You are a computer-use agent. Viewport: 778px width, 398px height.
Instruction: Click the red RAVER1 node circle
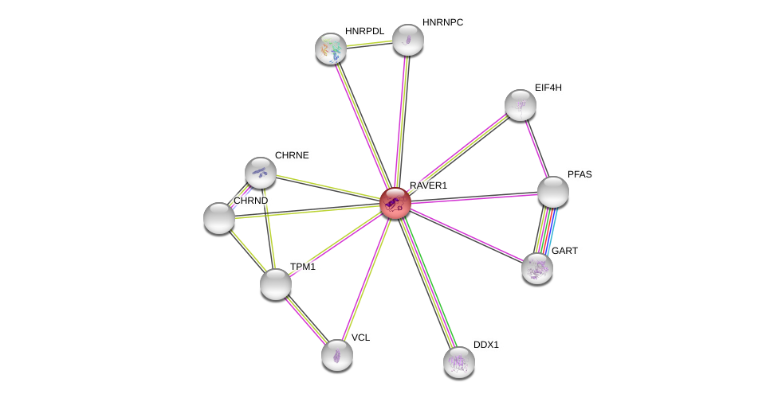(x=395, y=203)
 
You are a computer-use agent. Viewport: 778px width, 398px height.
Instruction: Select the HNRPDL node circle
(x=331, y=49)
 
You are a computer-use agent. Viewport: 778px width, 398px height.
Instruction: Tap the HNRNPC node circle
(x=407, y=40)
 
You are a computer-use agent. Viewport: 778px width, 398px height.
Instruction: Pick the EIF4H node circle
(x=521, y=105)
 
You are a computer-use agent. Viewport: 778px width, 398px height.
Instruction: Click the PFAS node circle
(x=552, y=192)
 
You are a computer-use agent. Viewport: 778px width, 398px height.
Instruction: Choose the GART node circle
(x=537, y=268)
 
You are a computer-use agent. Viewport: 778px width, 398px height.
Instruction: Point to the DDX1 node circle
(x=459, y=362)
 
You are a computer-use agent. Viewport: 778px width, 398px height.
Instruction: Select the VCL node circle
(x=337, y=355)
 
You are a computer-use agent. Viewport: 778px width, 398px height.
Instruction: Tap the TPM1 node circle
(x=276, y=284)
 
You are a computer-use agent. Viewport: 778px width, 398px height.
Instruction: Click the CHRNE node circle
(x=261, y=173)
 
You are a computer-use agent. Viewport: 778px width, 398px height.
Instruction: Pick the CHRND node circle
(x=219, y=218)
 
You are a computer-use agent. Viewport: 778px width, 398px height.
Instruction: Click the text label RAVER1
(x=428, y=185)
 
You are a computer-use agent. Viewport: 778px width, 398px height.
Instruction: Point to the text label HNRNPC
(x=442, y=22)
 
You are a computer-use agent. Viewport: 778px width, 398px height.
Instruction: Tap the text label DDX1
(x=485, y=345)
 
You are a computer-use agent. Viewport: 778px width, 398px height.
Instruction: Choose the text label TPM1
(x=303, y=267)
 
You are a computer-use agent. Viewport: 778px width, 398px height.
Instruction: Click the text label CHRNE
(x=292, y=155)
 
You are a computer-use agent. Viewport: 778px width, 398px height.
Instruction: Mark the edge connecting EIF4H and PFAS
(x=536, y=148)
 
